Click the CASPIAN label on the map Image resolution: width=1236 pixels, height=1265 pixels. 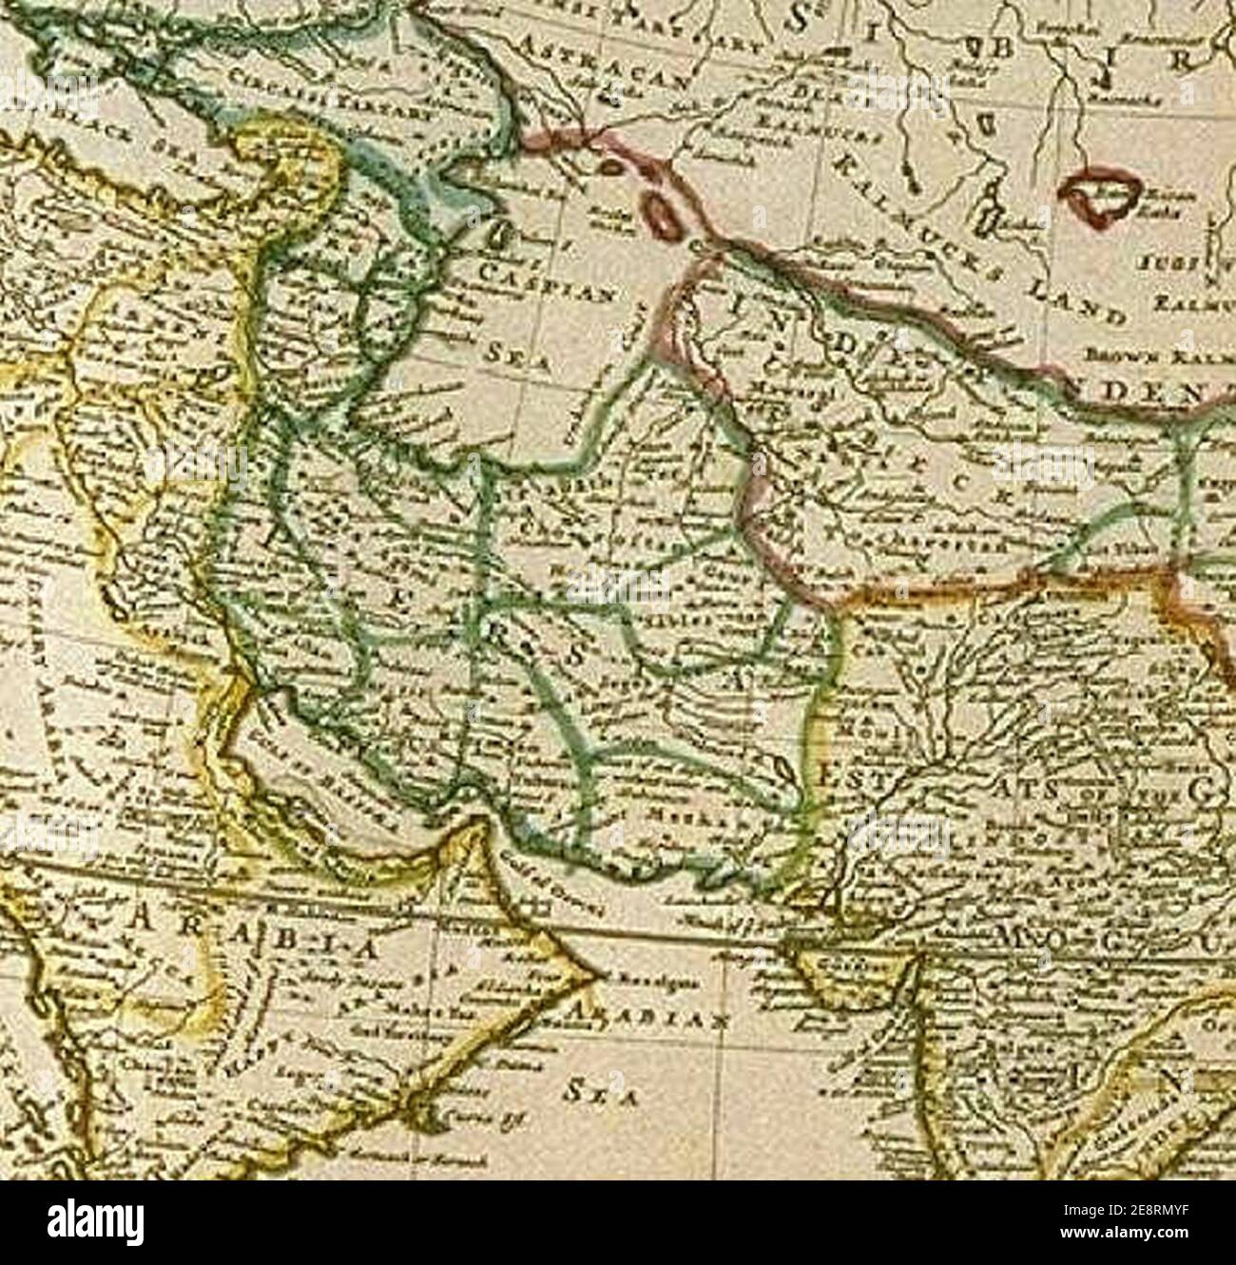point(545,283)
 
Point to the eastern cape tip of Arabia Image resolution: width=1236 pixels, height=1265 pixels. point(599,975)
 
